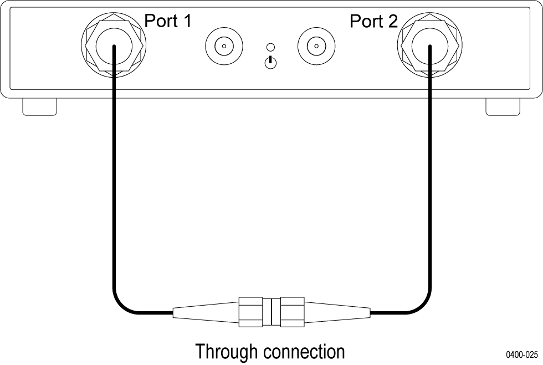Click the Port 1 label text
point(168,21)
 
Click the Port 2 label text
point(373,22)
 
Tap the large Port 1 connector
point(114,46)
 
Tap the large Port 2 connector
point(429,46)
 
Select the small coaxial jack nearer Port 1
point(223,47)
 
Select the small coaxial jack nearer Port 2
point(315,47)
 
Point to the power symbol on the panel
point(270,62)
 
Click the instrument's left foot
point(39,107)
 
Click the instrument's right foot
point(503,107)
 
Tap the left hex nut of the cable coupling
point(250,312)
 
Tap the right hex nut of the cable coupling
point(293,312)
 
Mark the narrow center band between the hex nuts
point(271,312)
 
